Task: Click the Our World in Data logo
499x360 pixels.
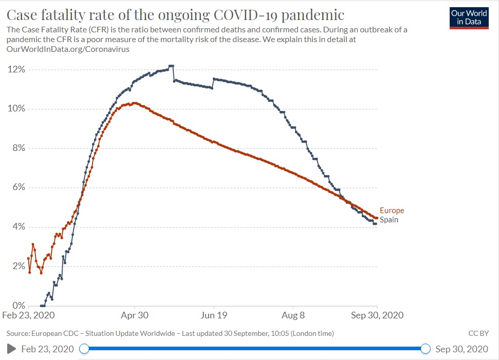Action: (x=469, y=17)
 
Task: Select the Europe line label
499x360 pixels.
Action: (x=392, y=211)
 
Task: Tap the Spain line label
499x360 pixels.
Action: (x=389, y=220)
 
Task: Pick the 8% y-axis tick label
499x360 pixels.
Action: (x=17, y=148)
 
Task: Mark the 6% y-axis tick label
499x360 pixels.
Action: (x=17, y=187)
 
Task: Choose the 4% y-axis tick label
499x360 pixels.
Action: (x=17, y=227)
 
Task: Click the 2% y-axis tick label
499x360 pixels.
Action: (x=17, y=266)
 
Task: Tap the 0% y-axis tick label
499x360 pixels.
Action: (x=17, y=306)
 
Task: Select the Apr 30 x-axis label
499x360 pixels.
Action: (x=134, y=315)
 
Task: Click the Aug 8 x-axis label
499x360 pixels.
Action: (x=293, y=315)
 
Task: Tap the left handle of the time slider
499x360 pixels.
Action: (x=84, y=349)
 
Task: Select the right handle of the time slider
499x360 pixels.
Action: (x=425, y=349)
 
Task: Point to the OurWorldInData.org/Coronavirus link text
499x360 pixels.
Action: (x=67, y=50)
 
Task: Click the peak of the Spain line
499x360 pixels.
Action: (x=172, y=66)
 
